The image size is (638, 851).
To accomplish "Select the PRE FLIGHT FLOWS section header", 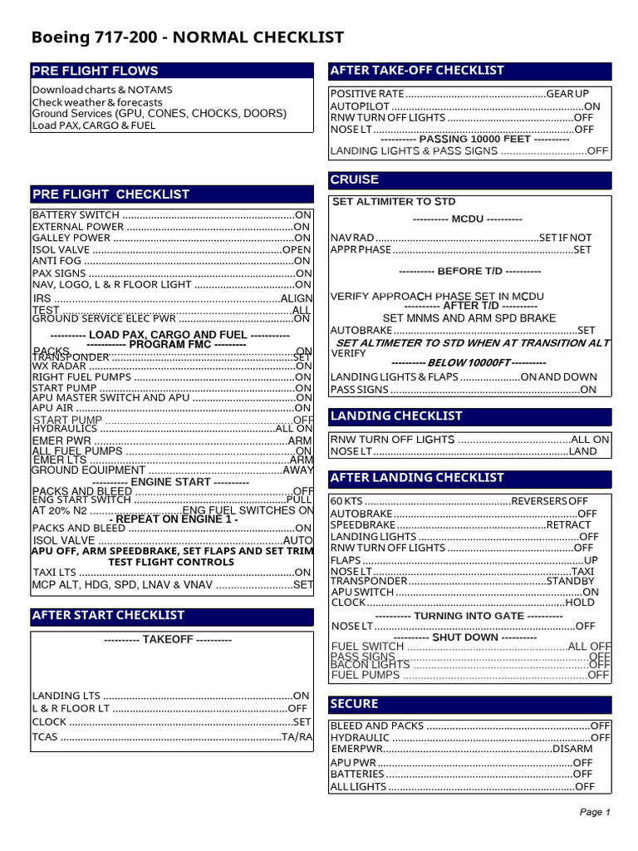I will coord(95,71).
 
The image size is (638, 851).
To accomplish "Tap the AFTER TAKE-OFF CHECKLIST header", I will coord(417,71).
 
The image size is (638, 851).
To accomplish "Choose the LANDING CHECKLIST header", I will coord(396,416).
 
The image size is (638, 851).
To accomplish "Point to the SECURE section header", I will coord(354,704).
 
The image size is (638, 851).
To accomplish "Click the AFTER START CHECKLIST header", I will coord(108,616).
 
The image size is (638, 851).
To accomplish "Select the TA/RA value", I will coord(297,737).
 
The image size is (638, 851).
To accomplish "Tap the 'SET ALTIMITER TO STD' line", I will coord(394,202).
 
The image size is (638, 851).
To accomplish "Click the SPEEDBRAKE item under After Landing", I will coord(362,525).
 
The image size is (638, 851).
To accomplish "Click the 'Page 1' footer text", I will coord(595,812).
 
